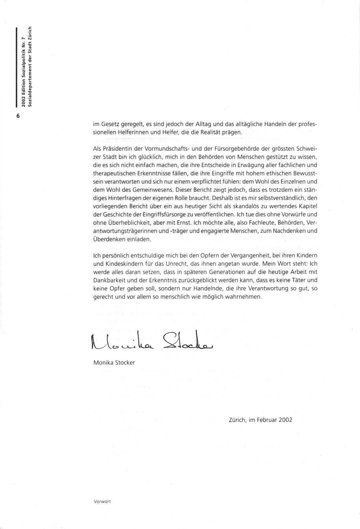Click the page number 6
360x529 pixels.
pos(18,116)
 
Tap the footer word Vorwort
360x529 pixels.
pos(102,501)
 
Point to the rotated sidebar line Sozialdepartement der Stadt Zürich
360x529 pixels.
pos(30,69)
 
